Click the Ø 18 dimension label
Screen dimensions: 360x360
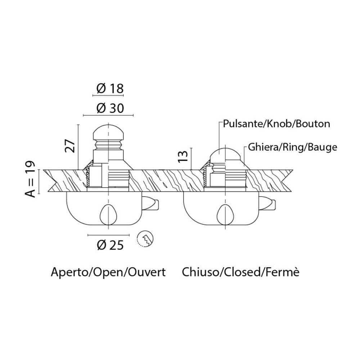tap(110, 88)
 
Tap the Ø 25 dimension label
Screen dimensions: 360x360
tap(110, 245)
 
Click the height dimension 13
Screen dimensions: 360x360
tap(184, 155)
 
